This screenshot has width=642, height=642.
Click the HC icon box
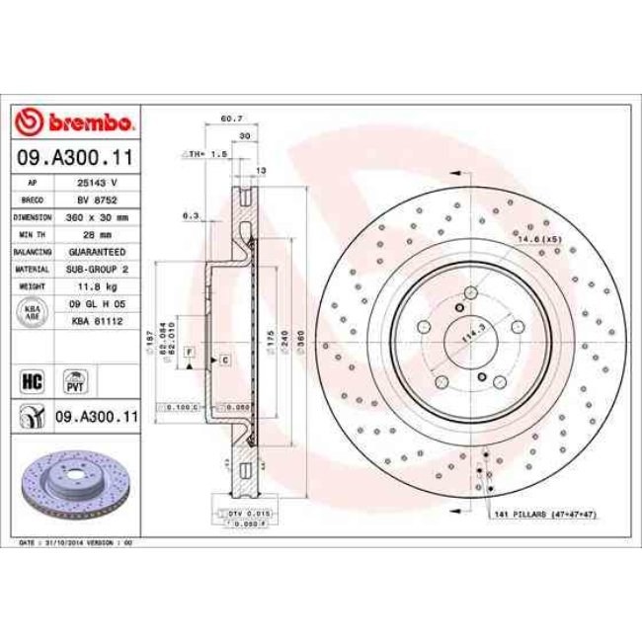click(31, 377)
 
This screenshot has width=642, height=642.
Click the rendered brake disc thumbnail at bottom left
click(74, 484)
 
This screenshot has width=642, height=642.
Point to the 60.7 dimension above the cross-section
click(230, 120)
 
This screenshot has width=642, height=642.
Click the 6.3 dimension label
click(191, 214)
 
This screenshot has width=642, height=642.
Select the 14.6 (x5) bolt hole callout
click(539, 239)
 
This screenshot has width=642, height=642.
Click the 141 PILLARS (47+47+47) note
click(548, 515)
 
